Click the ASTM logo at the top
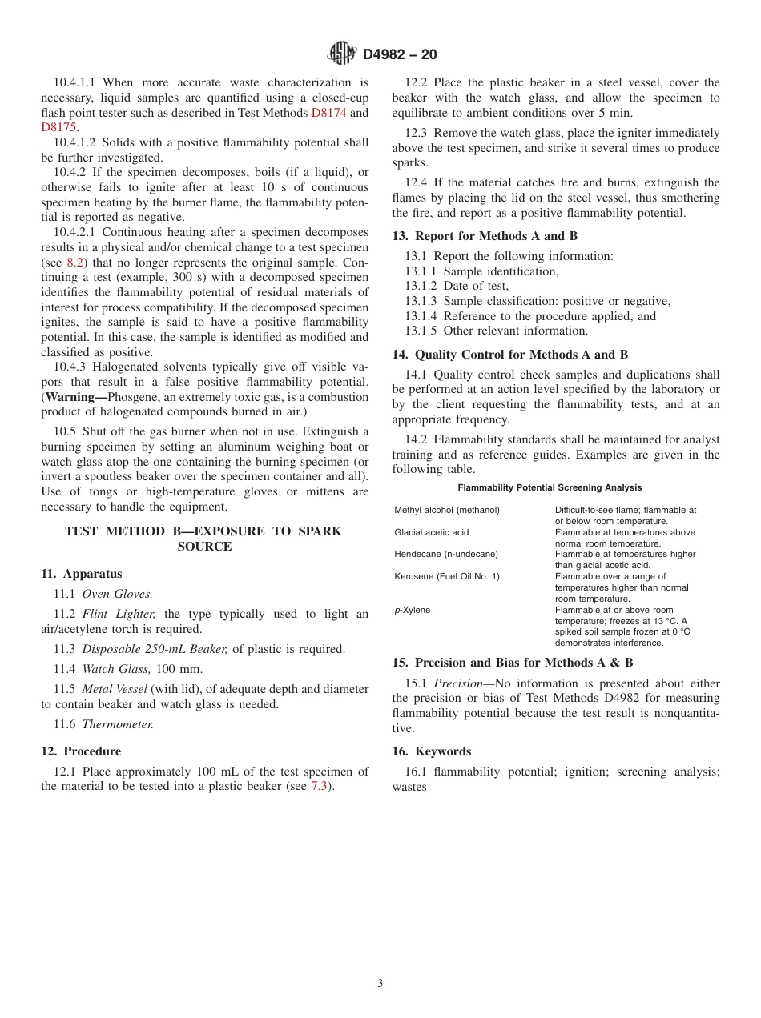[x=342, y=54]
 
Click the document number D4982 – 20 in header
[x=400, y=54]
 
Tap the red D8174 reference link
[x=328, y=113]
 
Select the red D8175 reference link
[x=59, y=127]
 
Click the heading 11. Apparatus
[x=82, y=574]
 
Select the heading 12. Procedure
[x=81, y=751]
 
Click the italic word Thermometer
[x=118, y=724]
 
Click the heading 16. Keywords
[x=432, y=751]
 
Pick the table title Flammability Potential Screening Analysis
[x=550, y=487]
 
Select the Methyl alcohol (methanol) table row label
[x=447, y=510]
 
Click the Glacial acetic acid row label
[x=432, y=532]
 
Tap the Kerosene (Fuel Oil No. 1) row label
[x=447, y=576]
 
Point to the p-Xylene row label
[x=412, y=610]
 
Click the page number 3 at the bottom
[x=380, y=984]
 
